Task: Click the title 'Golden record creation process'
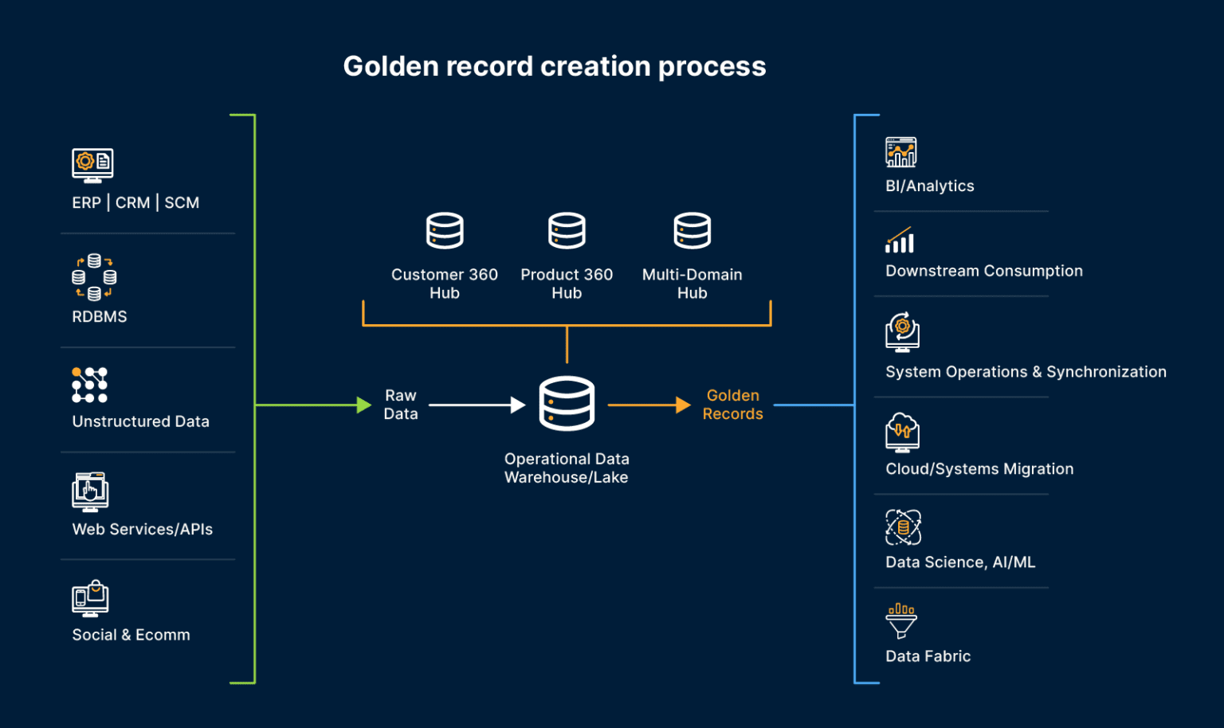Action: (x=554, y=66)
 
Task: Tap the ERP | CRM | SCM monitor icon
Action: (x=92, y=165)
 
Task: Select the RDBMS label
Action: (x=100, y=317)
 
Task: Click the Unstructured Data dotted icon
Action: (x=89, y=386)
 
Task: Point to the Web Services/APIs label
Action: (x=143, y=530)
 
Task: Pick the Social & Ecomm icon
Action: (x=90, y=598)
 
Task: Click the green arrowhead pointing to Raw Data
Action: (x=363, y=405)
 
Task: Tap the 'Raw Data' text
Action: (x=400, y=405)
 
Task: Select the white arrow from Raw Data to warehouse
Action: (x=477, y=405)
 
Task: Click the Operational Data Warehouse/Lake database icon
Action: (x=567, y=404)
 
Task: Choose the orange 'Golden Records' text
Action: (x=732, y=405)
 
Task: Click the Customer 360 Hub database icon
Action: (x=445, y=231)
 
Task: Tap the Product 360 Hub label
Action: (x=567, y=284)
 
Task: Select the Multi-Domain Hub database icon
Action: (x=692, y=231)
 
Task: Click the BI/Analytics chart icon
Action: (x=901, y=152)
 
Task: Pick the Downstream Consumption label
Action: (x=984, y=271)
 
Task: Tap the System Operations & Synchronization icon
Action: (x=902, y=332)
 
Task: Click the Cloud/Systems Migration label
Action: (x=979, y=469)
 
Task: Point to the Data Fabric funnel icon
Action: (x=901, y=620)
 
